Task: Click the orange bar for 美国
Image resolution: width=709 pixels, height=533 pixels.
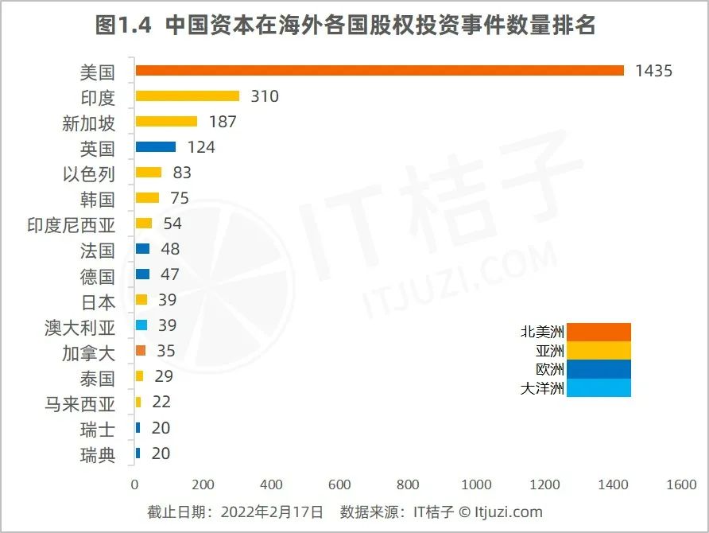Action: tap(380, 71)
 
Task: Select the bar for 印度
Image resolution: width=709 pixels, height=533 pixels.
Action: tap(188, 96)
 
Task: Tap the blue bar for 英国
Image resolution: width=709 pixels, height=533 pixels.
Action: tap(156, 147)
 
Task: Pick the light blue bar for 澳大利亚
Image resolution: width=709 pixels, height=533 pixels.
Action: tap(142, 325)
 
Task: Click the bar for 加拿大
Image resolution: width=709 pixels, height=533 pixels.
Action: tap(141, 351)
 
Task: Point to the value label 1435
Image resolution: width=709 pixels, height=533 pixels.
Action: tap(653, 71)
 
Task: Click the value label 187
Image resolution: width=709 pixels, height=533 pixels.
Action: tap(222, 122)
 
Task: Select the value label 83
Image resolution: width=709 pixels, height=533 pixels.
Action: tap(181, 173)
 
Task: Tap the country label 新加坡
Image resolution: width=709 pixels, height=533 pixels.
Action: tap(88, 123)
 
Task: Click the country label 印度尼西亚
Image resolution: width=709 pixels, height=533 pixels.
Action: tap(71, 225)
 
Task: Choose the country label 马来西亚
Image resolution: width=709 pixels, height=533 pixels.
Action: tap(79, 404)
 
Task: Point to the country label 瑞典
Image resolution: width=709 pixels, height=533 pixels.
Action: tap(97, 455)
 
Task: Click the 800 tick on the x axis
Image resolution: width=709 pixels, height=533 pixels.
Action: tap(408, 484)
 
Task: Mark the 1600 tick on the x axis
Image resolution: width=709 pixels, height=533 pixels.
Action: tap(680, 484)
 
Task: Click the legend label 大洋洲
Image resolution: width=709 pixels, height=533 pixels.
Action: tap(542, 388)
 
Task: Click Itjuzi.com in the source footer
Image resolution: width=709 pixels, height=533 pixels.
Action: tap(503, 512)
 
